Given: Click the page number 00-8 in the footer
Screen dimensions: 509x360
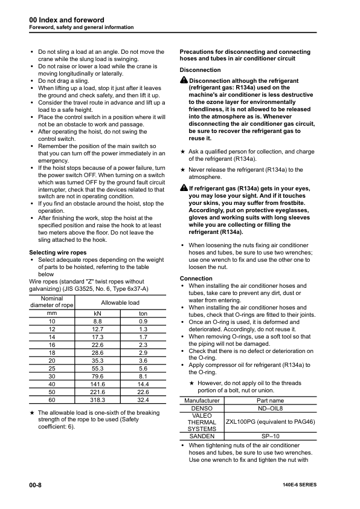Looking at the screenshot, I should click(35, 485).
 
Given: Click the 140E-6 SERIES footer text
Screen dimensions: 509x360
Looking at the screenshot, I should click(299, 485).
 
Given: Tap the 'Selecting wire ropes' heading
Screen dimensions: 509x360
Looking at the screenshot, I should click(58, 252).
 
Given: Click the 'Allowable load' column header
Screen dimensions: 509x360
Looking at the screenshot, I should click(120, 302).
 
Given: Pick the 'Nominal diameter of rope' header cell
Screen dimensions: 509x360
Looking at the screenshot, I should click(51, 302).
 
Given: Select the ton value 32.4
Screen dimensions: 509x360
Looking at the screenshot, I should click(143, 400).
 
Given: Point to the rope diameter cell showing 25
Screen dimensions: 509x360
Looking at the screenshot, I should click(51, 368).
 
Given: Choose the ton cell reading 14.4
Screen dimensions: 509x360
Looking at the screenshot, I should click(143, 384).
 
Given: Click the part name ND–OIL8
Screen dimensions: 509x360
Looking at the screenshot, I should click(270, 408).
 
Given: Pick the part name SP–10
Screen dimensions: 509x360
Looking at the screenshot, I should click(270, 435).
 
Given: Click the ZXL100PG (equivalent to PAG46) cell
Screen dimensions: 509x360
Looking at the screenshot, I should click(270, 421).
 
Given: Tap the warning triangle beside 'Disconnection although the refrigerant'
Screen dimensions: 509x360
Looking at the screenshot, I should click(184, 80).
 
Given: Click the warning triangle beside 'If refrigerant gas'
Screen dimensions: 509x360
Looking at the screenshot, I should click(184, 189).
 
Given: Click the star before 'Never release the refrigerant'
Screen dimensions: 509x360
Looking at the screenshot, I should click(183, 170).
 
